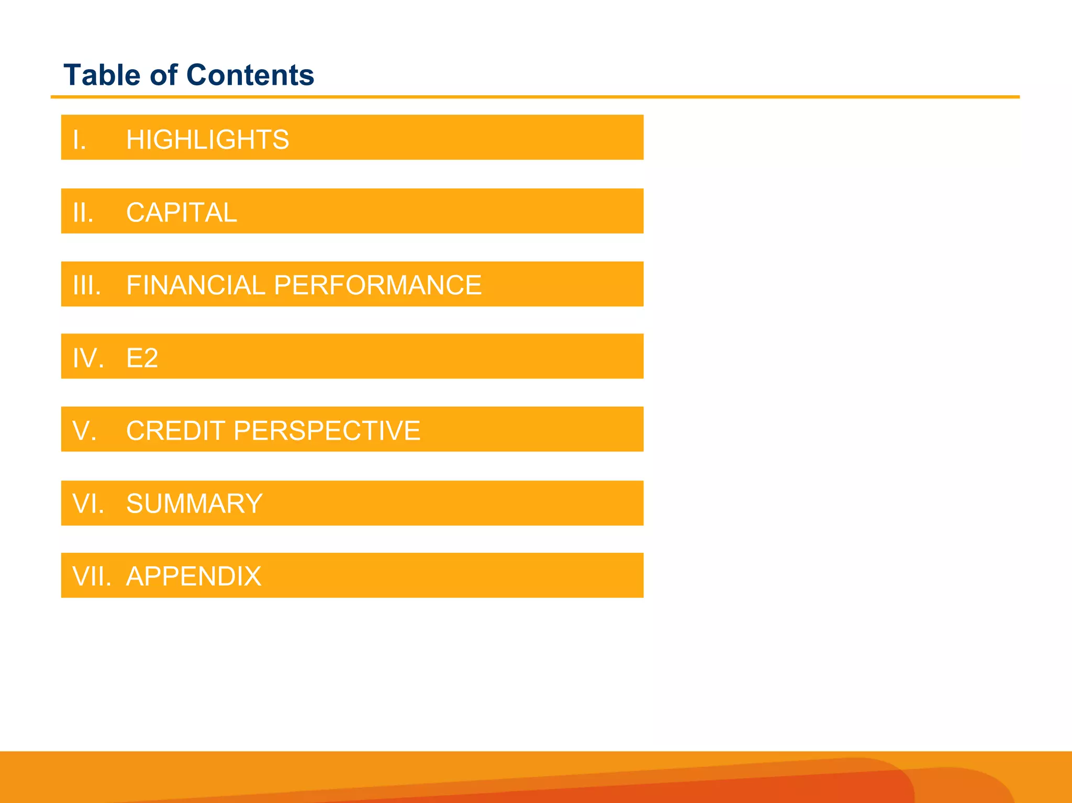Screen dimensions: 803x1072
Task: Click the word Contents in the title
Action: (250, 75)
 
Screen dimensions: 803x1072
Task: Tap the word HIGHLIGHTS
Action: (207, 139)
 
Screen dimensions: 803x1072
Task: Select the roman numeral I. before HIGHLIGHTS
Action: (80, 140)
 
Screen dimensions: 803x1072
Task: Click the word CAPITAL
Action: (181, 213)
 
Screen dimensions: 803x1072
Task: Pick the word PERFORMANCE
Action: (377, 285)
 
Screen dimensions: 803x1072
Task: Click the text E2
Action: (142, 358)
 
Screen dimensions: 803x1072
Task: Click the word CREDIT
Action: (175, 431)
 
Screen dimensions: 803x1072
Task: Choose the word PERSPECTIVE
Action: (327, 431)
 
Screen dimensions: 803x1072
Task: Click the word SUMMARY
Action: (194, 504)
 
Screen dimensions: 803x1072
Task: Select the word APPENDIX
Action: (194, 576)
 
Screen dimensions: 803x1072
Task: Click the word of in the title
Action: (164, 75)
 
